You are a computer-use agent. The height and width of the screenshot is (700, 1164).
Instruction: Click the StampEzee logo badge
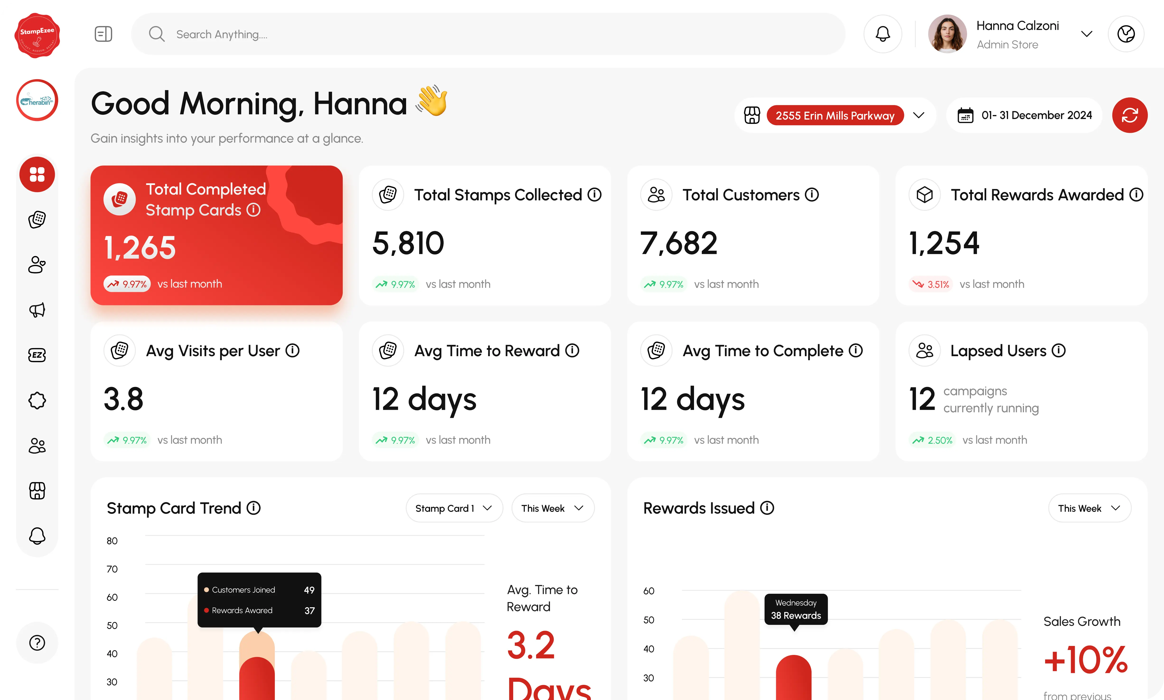37,35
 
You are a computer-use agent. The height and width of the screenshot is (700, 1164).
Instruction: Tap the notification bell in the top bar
882,34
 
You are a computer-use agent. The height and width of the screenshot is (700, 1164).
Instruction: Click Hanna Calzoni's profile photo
947,34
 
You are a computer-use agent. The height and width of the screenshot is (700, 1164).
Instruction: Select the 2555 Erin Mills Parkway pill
835,115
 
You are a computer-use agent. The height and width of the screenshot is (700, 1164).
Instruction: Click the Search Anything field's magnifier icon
156,34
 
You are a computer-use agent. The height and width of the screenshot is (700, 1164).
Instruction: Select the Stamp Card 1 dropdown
454,508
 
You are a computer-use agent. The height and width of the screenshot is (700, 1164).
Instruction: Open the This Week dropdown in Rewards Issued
1089,508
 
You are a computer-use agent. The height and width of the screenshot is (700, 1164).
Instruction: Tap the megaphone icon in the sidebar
37,310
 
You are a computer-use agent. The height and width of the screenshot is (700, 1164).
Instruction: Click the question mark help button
37,642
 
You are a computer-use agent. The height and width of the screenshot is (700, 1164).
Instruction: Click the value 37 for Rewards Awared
309,610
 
